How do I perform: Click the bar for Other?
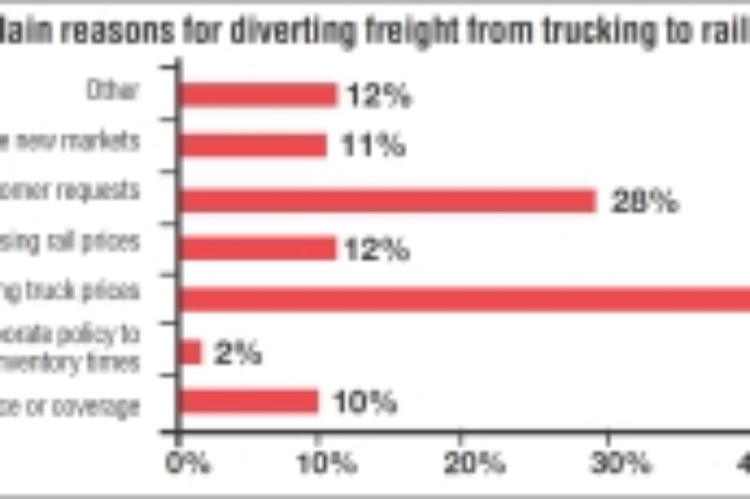click(258, 95)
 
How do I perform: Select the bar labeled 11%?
click(253, 144)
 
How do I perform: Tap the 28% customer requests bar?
click(387, 200)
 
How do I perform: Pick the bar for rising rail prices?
click(258, 248)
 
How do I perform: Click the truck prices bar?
click(464, 299)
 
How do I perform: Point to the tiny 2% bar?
click(190, 352)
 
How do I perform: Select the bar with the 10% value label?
click(248, 401)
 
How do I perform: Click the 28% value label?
click(644, 202)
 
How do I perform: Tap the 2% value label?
click(238, 355)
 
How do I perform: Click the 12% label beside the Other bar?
click(378, 97)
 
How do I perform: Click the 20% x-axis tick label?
click(476, 462)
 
